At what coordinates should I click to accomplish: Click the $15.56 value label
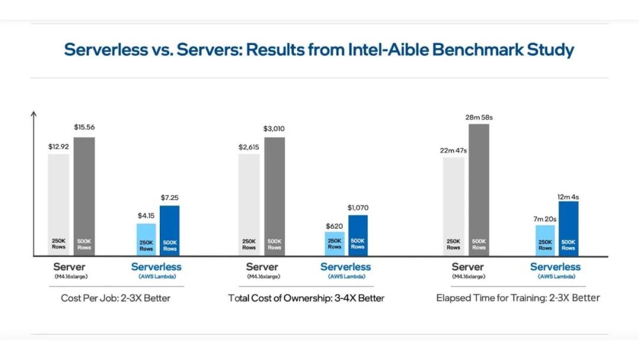pyautogui.click(x=84, y=127)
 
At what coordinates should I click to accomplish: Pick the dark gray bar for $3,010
pyautogui.click(x=275, y=196)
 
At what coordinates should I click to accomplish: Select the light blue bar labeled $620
pyautogui.click(x=334, y=243)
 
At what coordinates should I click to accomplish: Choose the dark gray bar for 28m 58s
pyautogui.click(x=479, y=189)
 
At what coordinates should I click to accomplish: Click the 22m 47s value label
pyautogui.click(x=453, y=150)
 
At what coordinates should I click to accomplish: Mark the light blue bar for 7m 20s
pyautogui.click(x=545, y=240)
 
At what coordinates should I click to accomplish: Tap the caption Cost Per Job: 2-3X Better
pyautogui.click(x=115, y=298)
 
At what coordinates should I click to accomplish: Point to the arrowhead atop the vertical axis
pyautogui.click(x=34, y=113)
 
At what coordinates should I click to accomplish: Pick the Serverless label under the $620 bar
pyautogui.click(x=346, y=267)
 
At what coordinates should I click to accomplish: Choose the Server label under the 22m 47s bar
pyautogui.click(x=468, y=267)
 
